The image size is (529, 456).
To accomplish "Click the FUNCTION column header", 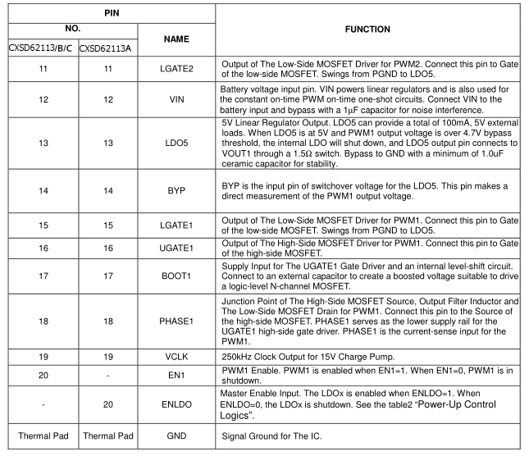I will tap(367, 30).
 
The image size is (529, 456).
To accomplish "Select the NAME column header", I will tap(176, 39).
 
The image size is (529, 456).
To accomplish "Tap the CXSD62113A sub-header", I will tap(107, 48).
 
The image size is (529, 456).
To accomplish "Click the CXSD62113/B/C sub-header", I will tap(41, 48).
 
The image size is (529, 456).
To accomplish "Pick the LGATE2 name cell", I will tap(176, 68).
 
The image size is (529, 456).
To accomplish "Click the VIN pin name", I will tap(176, 99).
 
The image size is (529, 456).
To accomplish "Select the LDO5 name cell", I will tap(176, 144).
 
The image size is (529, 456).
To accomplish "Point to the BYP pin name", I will tap(176, 190).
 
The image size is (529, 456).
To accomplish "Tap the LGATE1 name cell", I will tap(176, 226).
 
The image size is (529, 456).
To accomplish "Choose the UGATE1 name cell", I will tap(176, 248).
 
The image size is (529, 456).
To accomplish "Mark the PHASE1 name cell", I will tap(176, 321).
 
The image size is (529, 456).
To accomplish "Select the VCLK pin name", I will tap(176, 358).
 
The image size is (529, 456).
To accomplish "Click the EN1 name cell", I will tap(176, 375).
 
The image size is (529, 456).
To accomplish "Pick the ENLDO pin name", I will tap(176, 404).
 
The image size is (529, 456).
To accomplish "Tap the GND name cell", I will tap(176, 435).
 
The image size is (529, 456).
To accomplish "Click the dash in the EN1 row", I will tap(107, 375).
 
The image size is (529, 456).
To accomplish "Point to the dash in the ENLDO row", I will tap(41, 404).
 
